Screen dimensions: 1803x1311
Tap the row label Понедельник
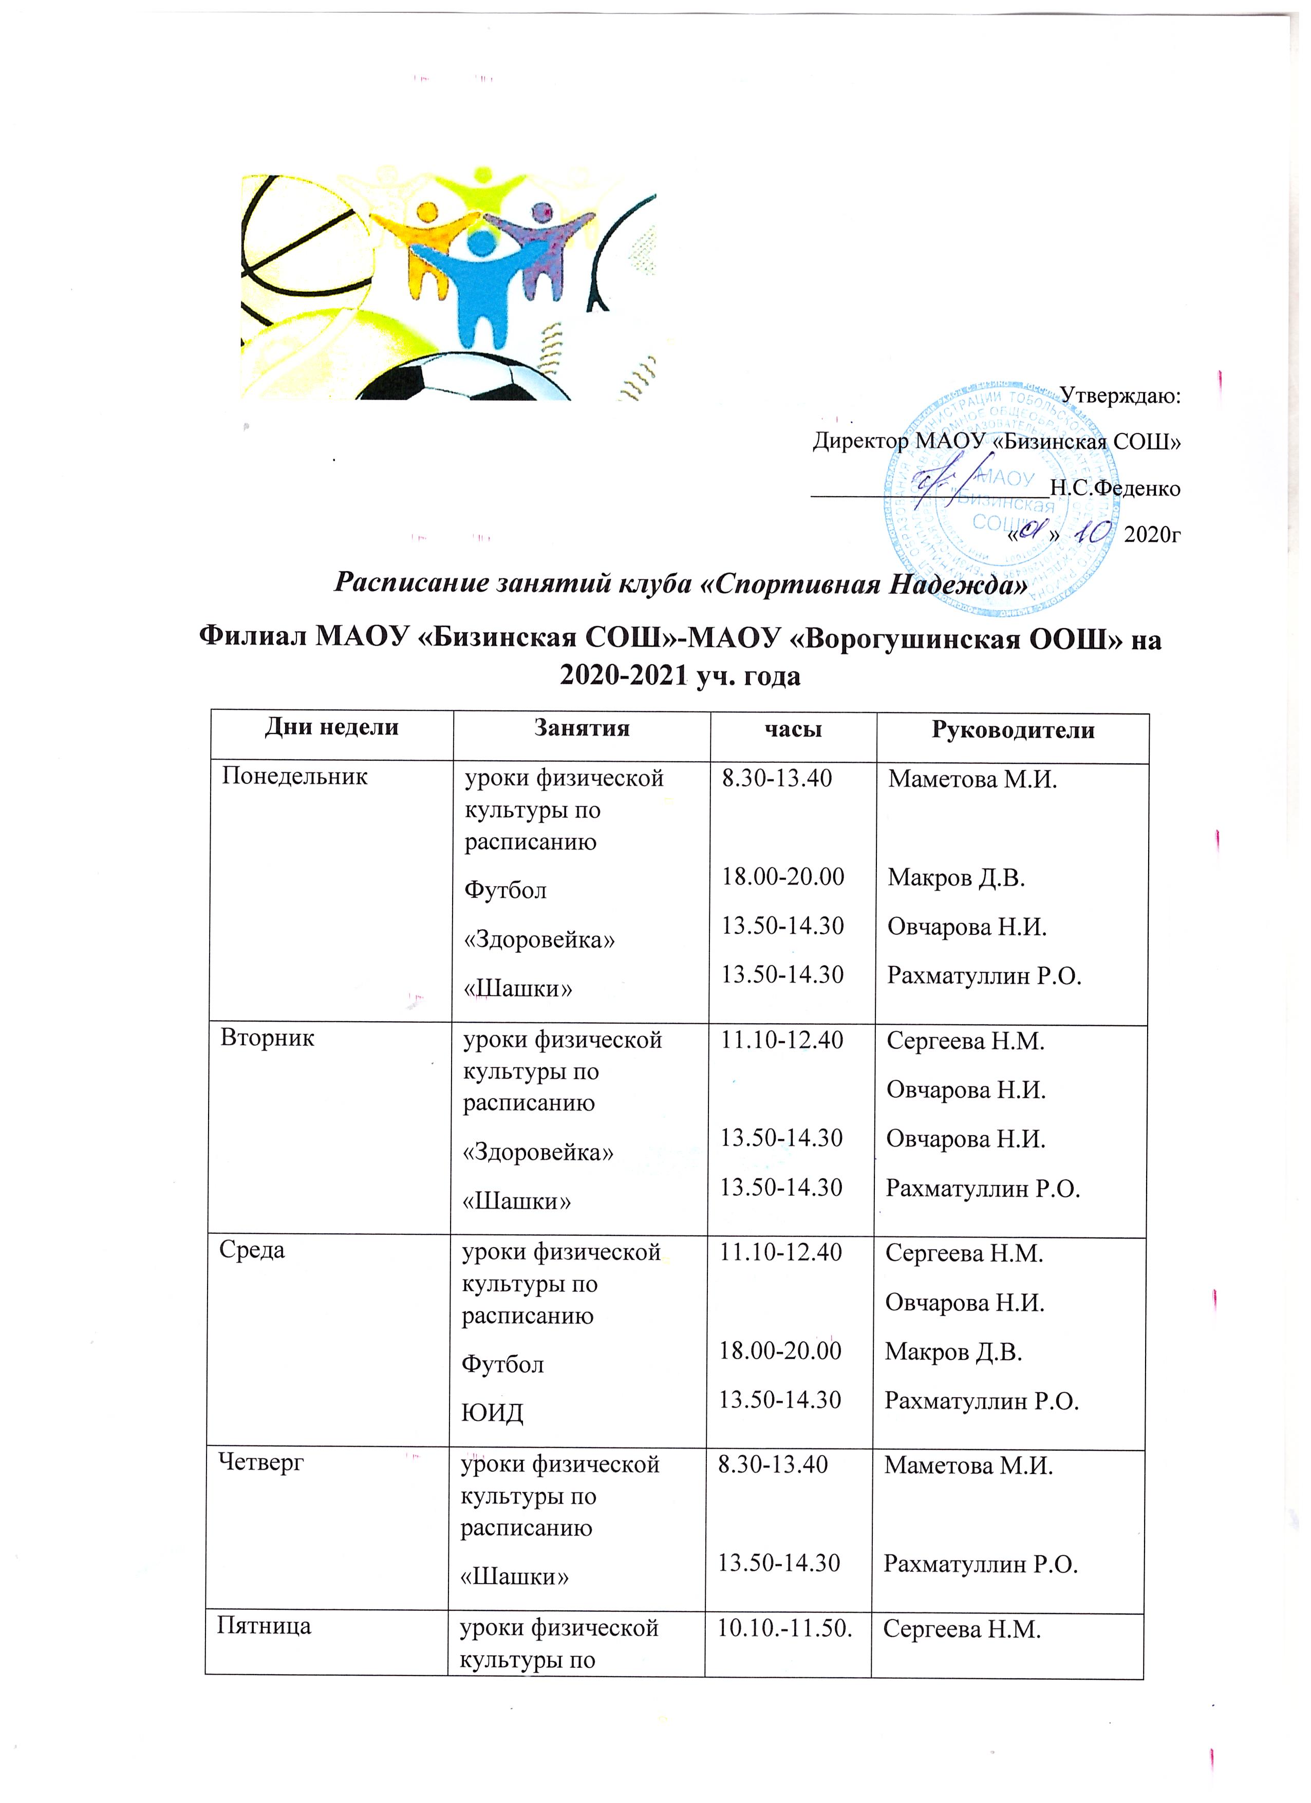pyautogui.click(x=294, y=777)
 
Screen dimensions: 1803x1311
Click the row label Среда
pyautogui.click(x=252, y=1250)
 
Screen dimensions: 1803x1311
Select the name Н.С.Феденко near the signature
pyautogui.click(x=1115, y=487)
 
